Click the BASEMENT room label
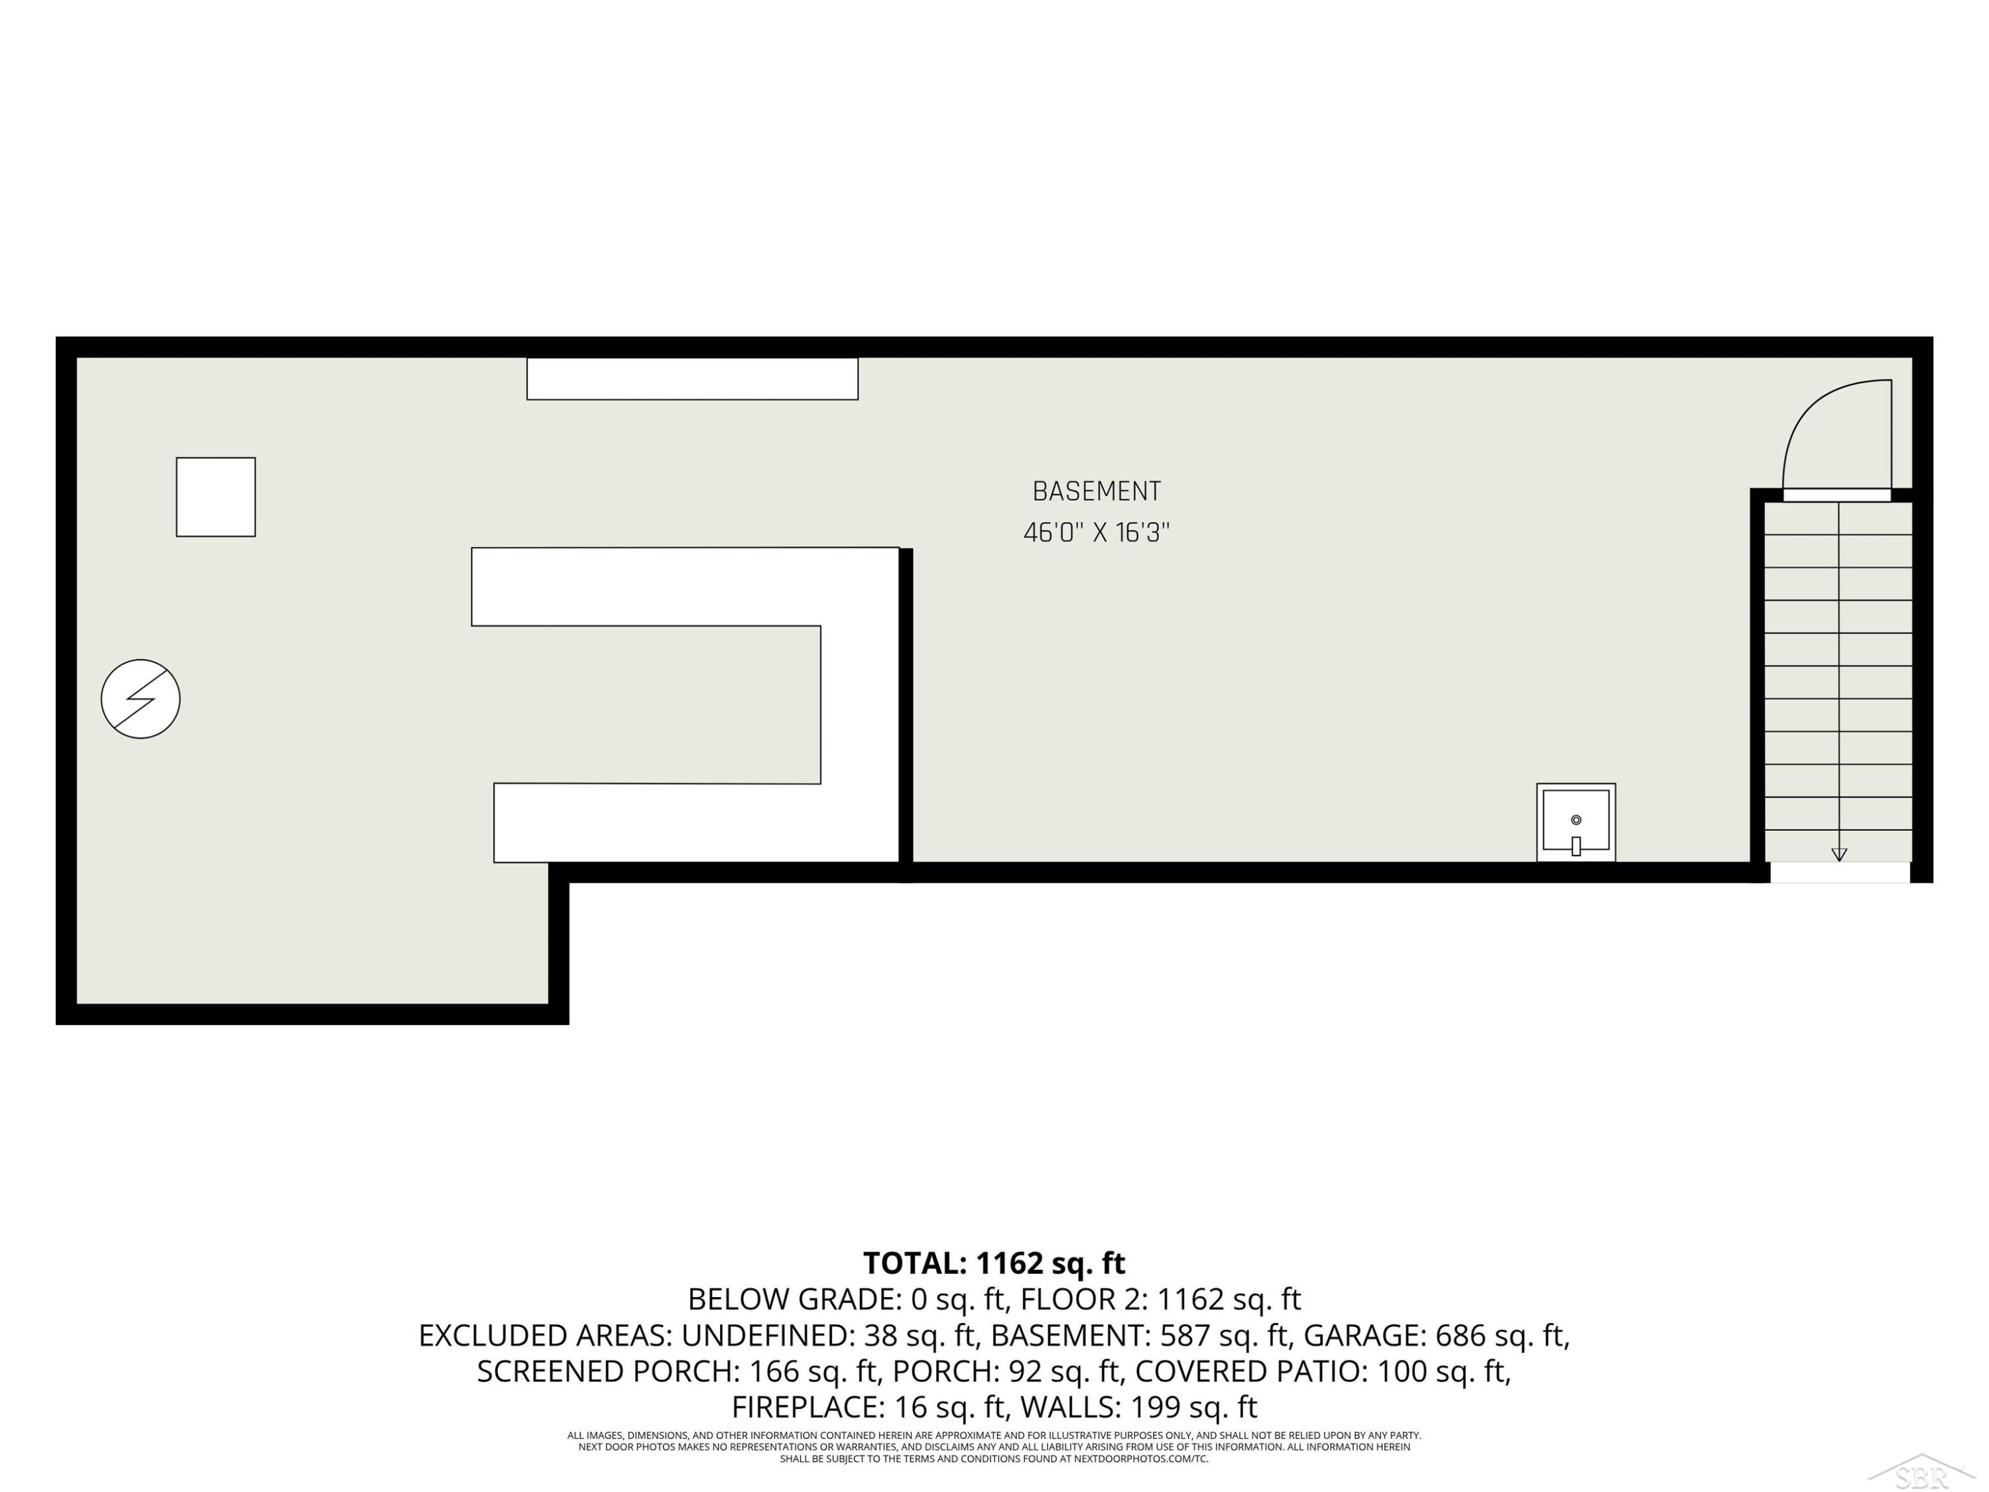click(x=1096, y=492)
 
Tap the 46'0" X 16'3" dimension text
click(x=1096, y=532)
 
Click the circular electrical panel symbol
click(x=141, y=699)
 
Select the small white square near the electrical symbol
click(x=215, y=497)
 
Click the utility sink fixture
click(x=1575, y=822)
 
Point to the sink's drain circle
click(x=1575, y=820)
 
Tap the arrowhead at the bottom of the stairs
click(x=1839, y=854)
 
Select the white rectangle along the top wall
click(x=692, y=379)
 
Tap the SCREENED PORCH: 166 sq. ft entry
click(x=677, y=1371)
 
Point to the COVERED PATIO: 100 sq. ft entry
click(x=1323, y=1371)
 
